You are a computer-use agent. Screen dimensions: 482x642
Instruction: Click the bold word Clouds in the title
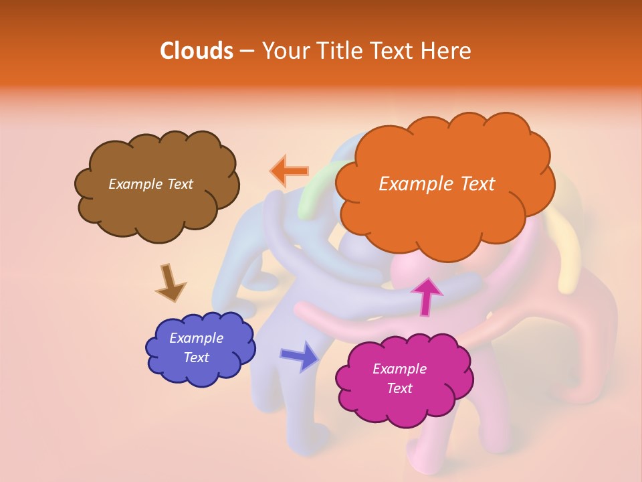click(197, 51)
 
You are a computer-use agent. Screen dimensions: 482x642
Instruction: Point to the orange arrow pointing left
click(290, 171)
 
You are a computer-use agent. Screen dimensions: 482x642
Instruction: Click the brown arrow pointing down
click(170, 283)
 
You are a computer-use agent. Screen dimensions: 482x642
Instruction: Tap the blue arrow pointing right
click(300, 355)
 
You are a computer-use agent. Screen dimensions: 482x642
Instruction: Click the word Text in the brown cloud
click(179, 184)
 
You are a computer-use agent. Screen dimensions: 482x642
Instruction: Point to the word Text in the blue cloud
click(197, 357)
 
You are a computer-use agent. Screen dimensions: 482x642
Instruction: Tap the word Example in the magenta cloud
click(399, 369)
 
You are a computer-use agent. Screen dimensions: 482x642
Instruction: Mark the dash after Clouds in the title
click(247, 51)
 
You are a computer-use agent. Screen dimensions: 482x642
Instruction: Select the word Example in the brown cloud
click(134, 184)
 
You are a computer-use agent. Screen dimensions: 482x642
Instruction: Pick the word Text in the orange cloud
click(477, 184)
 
